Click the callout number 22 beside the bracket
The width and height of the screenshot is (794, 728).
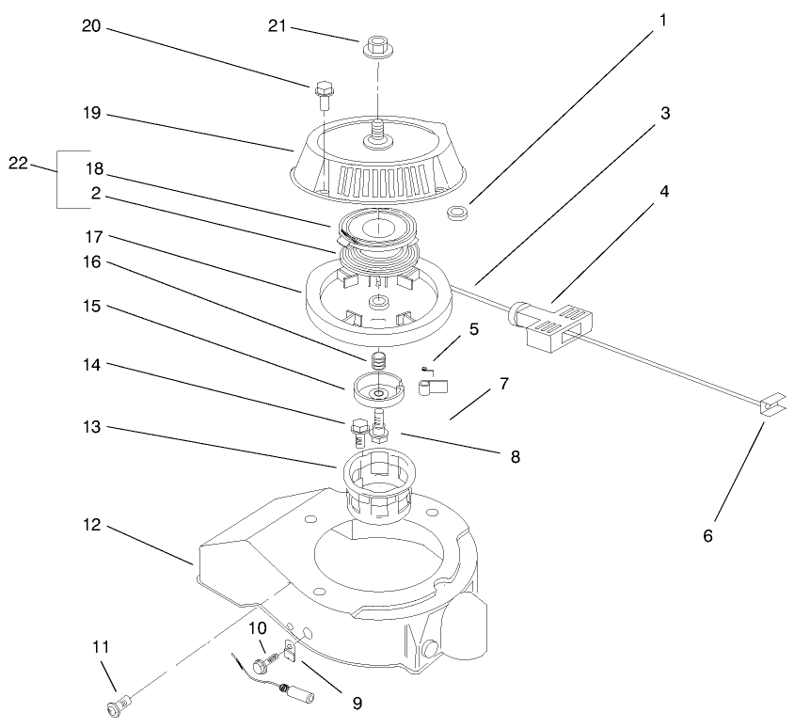[19, 163]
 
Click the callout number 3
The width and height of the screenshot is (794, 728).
[664, 114]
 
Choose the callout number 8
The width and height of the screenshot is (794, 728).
[513, 457]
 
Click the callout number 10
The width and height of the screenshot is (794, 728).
[257, 627]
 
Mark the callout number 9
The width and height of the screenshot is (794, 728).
[355, 702]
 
